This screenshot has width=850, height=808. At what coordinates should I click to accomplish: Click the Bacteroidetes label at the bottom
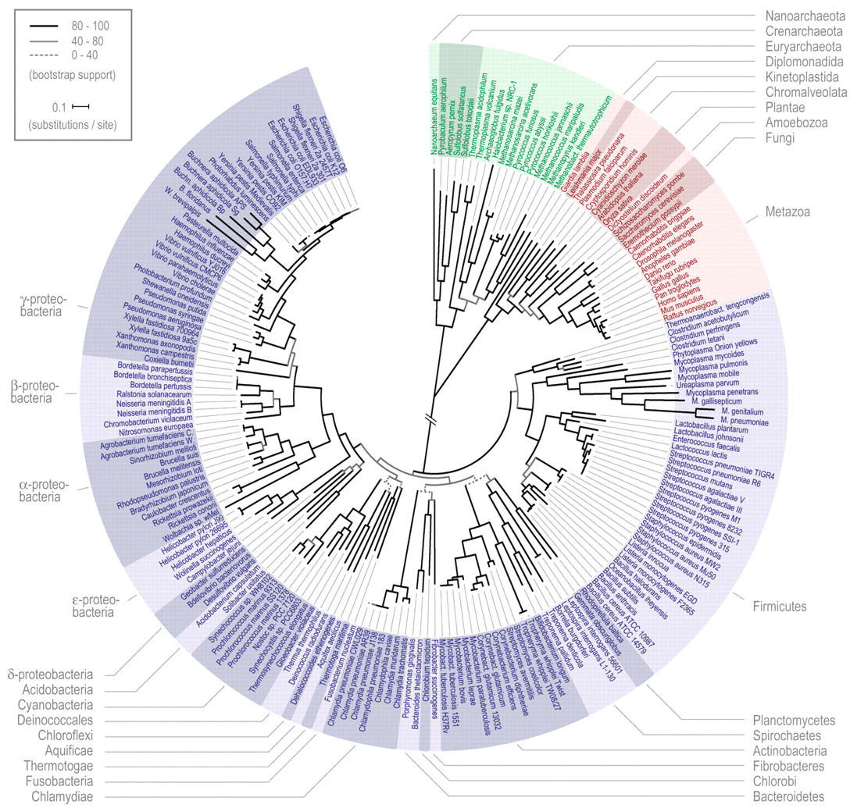tap(789, 796)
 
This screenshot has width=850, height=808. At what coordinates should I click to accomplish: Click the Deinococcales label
tap(54, 720)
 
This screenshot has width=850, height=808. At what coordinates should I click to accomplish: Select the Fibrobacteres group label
tap(790, 766)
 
